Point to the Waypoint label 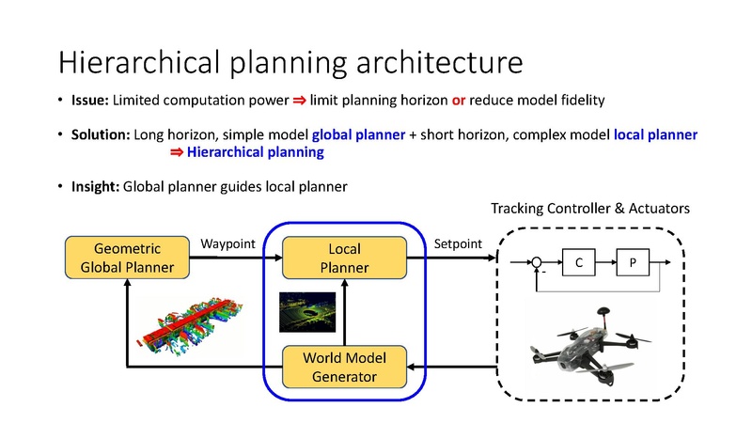(228, 244)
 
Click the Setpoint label (458, 244)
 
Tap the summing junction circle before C (537, 265)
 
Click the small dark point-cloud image (303, 312)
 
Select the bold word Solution (102, 134)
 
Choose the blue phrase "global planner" (358, 134)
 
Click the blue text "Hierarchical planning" (255, 152)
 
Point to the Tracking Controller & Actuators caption (591, 207)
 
